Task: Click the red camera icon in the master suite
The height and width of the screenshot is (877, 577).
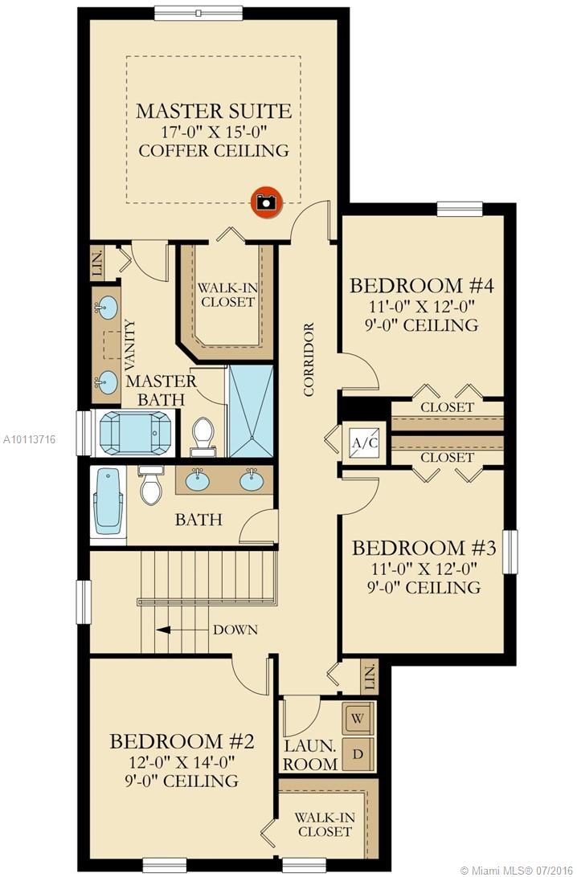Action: (265, 202)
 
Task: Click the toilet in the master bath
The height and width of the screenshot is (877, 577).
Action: (203, 435)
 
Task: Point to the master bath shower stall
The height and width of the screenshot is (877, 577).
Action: (251, 411)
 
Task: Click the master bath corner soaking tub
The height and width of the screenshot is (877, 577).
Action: (133, 433)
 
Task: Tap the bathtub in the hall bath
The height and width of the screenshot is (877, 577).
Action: (108, 501)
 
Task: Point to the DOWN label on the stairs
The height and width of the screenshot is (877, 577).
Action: (235, 630)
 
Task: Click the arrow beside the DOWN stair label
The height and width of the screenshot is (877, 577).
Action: (177, 630)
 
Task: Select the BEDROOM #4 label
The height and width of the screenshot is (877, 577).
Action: (418, 285)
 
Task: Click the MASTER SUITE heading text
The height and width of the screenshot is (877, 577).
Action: (214, 110)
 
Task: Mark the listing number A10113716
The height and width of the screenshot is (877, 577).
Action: (29, 439)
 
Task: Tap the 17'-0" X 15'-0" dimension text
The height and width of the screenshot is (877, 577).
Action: (214, 130)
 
